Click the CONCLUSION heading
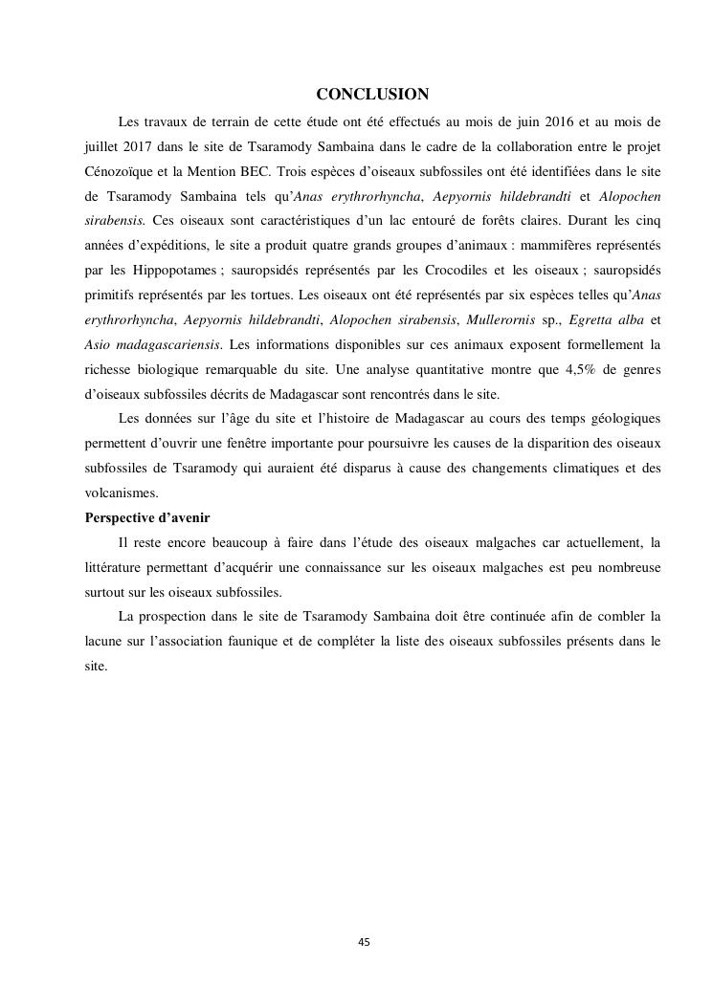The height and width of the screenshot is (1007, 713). (372, 94)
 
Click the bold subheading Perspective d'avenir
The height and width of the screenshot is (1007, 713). (147, 517)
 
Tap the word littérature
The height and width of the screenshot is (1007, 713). (115, 567)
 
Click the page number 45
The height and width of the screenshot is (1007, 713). (364, 942)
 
